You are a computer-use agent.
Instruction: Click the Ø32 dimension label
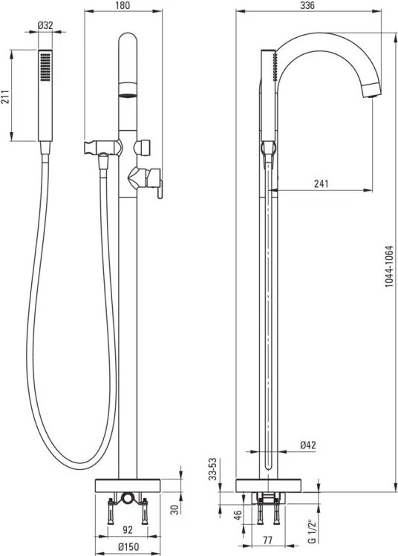45,25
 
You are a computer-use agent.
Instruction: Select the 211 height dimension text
5,97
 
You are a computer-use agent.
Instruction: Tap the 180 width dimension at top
123,5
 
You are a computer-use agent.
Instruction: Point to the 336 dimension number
307,5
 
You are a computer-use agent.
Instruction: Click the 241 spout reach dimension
321,183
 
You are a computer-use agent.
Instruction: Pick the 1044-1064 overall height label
389,266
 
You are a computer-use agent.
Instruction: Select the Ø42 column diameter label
308,445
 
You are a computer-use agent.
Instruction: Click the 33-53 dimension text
212,468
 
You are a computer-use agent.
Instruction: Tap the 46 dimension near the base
238,514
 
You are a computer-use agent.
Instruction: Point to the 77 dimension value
267,540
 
